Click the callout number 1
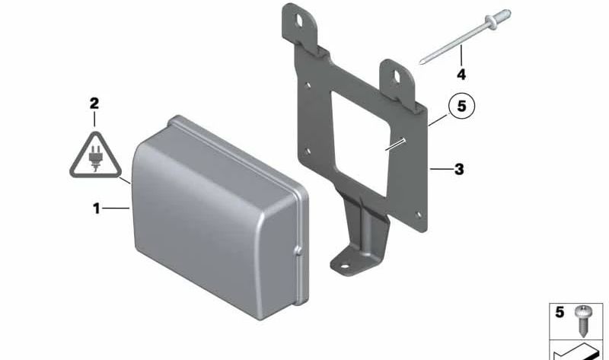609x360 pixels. point(97,209)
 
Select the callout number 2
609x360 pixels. point(94,104)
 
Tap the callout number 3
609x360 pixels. point(459,169)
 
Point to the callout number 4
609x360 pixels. point(461,74)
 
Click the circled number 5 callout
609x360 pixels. point(461,106)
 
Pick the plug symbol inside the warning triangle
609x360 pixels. point(95,158)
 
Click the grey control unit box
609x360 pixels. point(220,218)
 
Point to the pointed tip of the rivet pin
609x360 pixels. point(421,63)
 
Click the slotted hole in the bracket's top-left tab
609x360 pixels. point(300,21)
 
